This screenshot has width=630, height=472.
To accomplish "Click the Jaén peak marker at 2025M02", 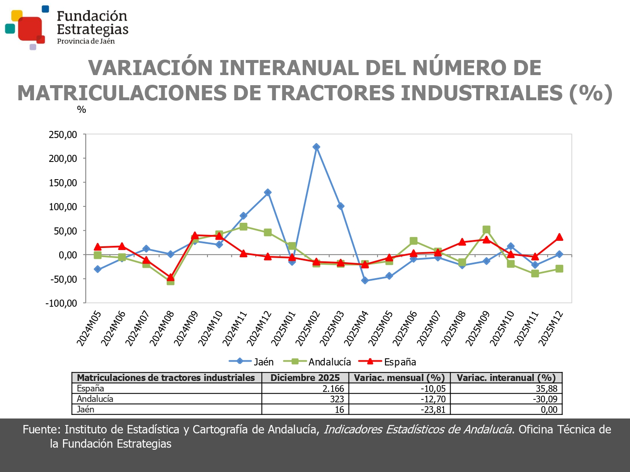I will tap(316, 147).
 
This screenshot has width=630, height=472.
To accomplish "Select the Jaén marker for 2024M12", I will tap(268, 193).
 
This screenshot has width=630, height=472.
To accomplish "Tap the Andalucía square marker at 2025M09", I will tap(486, 229).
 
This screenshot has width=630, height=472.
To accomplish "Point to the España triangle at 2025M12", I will tap(559, 237).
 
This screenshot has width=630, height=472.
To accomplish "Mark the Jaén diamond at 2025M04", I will tap(365, 281).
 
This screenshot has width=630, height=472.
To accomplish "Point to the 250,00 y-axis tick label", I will tap(63, 135).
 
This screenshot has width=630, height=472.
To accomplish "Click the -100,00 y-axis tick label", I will tap(61, 303).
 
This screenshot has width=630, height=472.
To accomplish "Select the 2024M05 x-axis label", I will tap(89, 329).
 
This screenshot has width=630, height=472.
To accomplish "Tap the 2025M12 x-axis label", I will tap(551, 329).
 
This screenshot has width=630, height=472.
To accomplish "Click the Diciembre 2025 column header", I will tap(305, 378).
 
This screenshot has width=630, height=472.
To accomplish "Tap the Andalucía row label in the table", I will tap(95, 399).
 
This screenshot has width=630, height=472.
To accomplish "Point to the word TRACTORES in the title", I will tap(331, 93).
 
